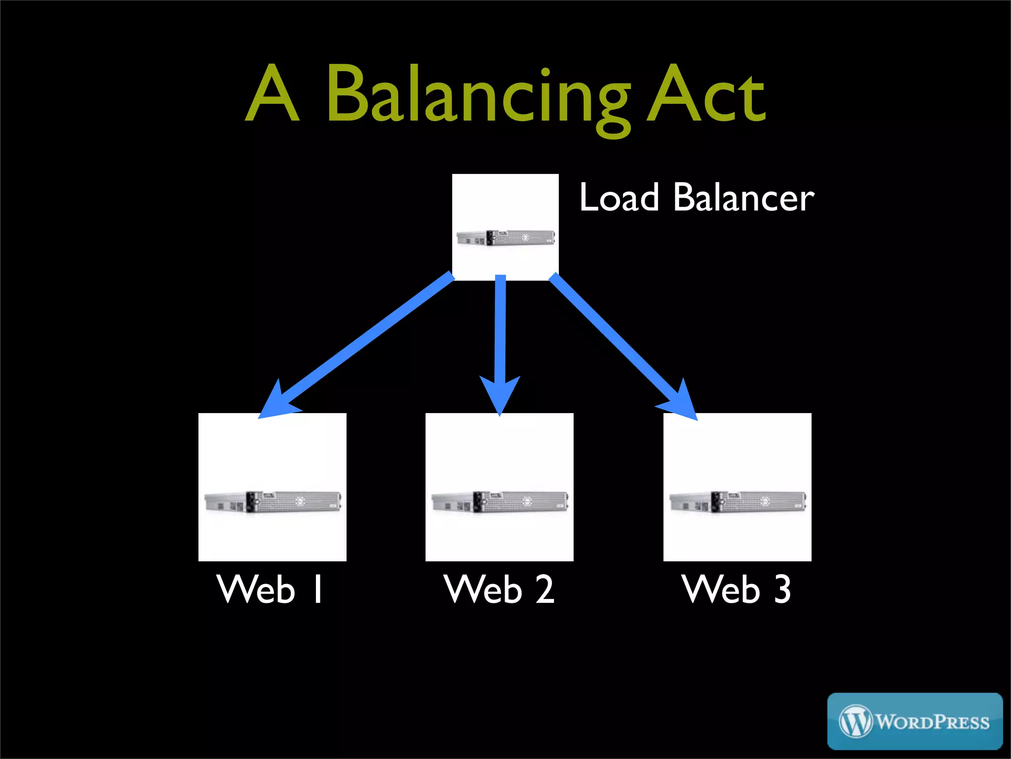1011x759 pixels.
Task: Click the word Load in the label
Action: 619,198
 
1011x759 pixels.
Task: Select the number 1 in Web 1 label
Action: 318,589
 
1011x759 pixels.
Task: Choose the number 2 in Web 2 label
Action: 545,589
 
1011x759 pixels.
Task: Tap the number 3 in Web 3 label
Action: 782,589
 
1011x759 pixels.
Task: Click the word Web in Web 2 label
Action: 482,589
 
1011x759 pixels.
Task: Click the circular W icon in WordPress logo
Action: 855,721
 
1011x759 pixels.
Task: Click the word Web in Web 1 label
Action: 255,589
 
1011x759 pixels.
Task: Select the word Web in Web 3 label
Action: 720,589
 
